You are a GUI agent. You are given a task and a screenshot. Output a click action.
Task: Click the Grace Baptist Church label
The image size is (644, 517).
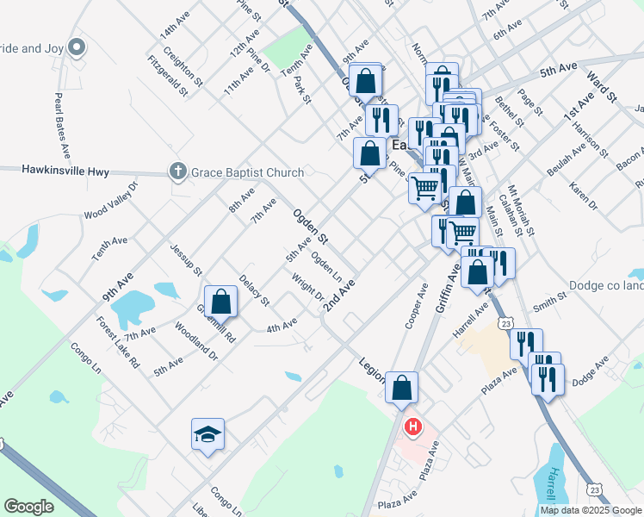click(248, 172)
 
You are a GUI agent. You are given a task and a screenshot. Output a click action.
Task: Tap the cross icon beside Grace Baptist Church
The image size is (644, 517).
click(178, 172)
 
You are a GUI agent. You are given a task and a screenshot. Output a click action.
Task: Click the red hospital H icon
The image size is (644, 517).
click(414, 427)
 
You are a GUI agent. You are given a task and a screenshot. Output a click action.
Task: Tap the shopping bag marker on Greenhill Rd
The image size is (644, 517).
click(221, 302)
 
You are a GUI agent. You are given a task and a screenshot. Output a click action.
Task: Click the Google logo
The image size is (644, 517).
click(28, 506)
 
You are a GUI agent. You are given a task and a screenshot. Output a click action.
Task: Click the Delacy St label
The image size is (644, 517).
click(254, 291)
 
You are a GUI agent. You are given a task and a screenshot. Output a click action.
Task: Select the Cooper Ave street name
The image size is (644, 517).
click(417, 307)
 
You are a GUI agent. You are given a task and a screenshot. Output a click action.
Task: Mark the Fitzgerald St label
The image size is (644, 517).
click(167, 76)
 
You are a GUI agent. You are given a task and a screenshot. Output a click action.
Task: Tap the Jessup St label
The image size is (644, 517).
click(185, 259)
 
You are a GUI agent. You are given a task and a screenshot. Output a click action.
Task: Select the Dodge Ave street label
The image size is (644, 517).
click(590, 366)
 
